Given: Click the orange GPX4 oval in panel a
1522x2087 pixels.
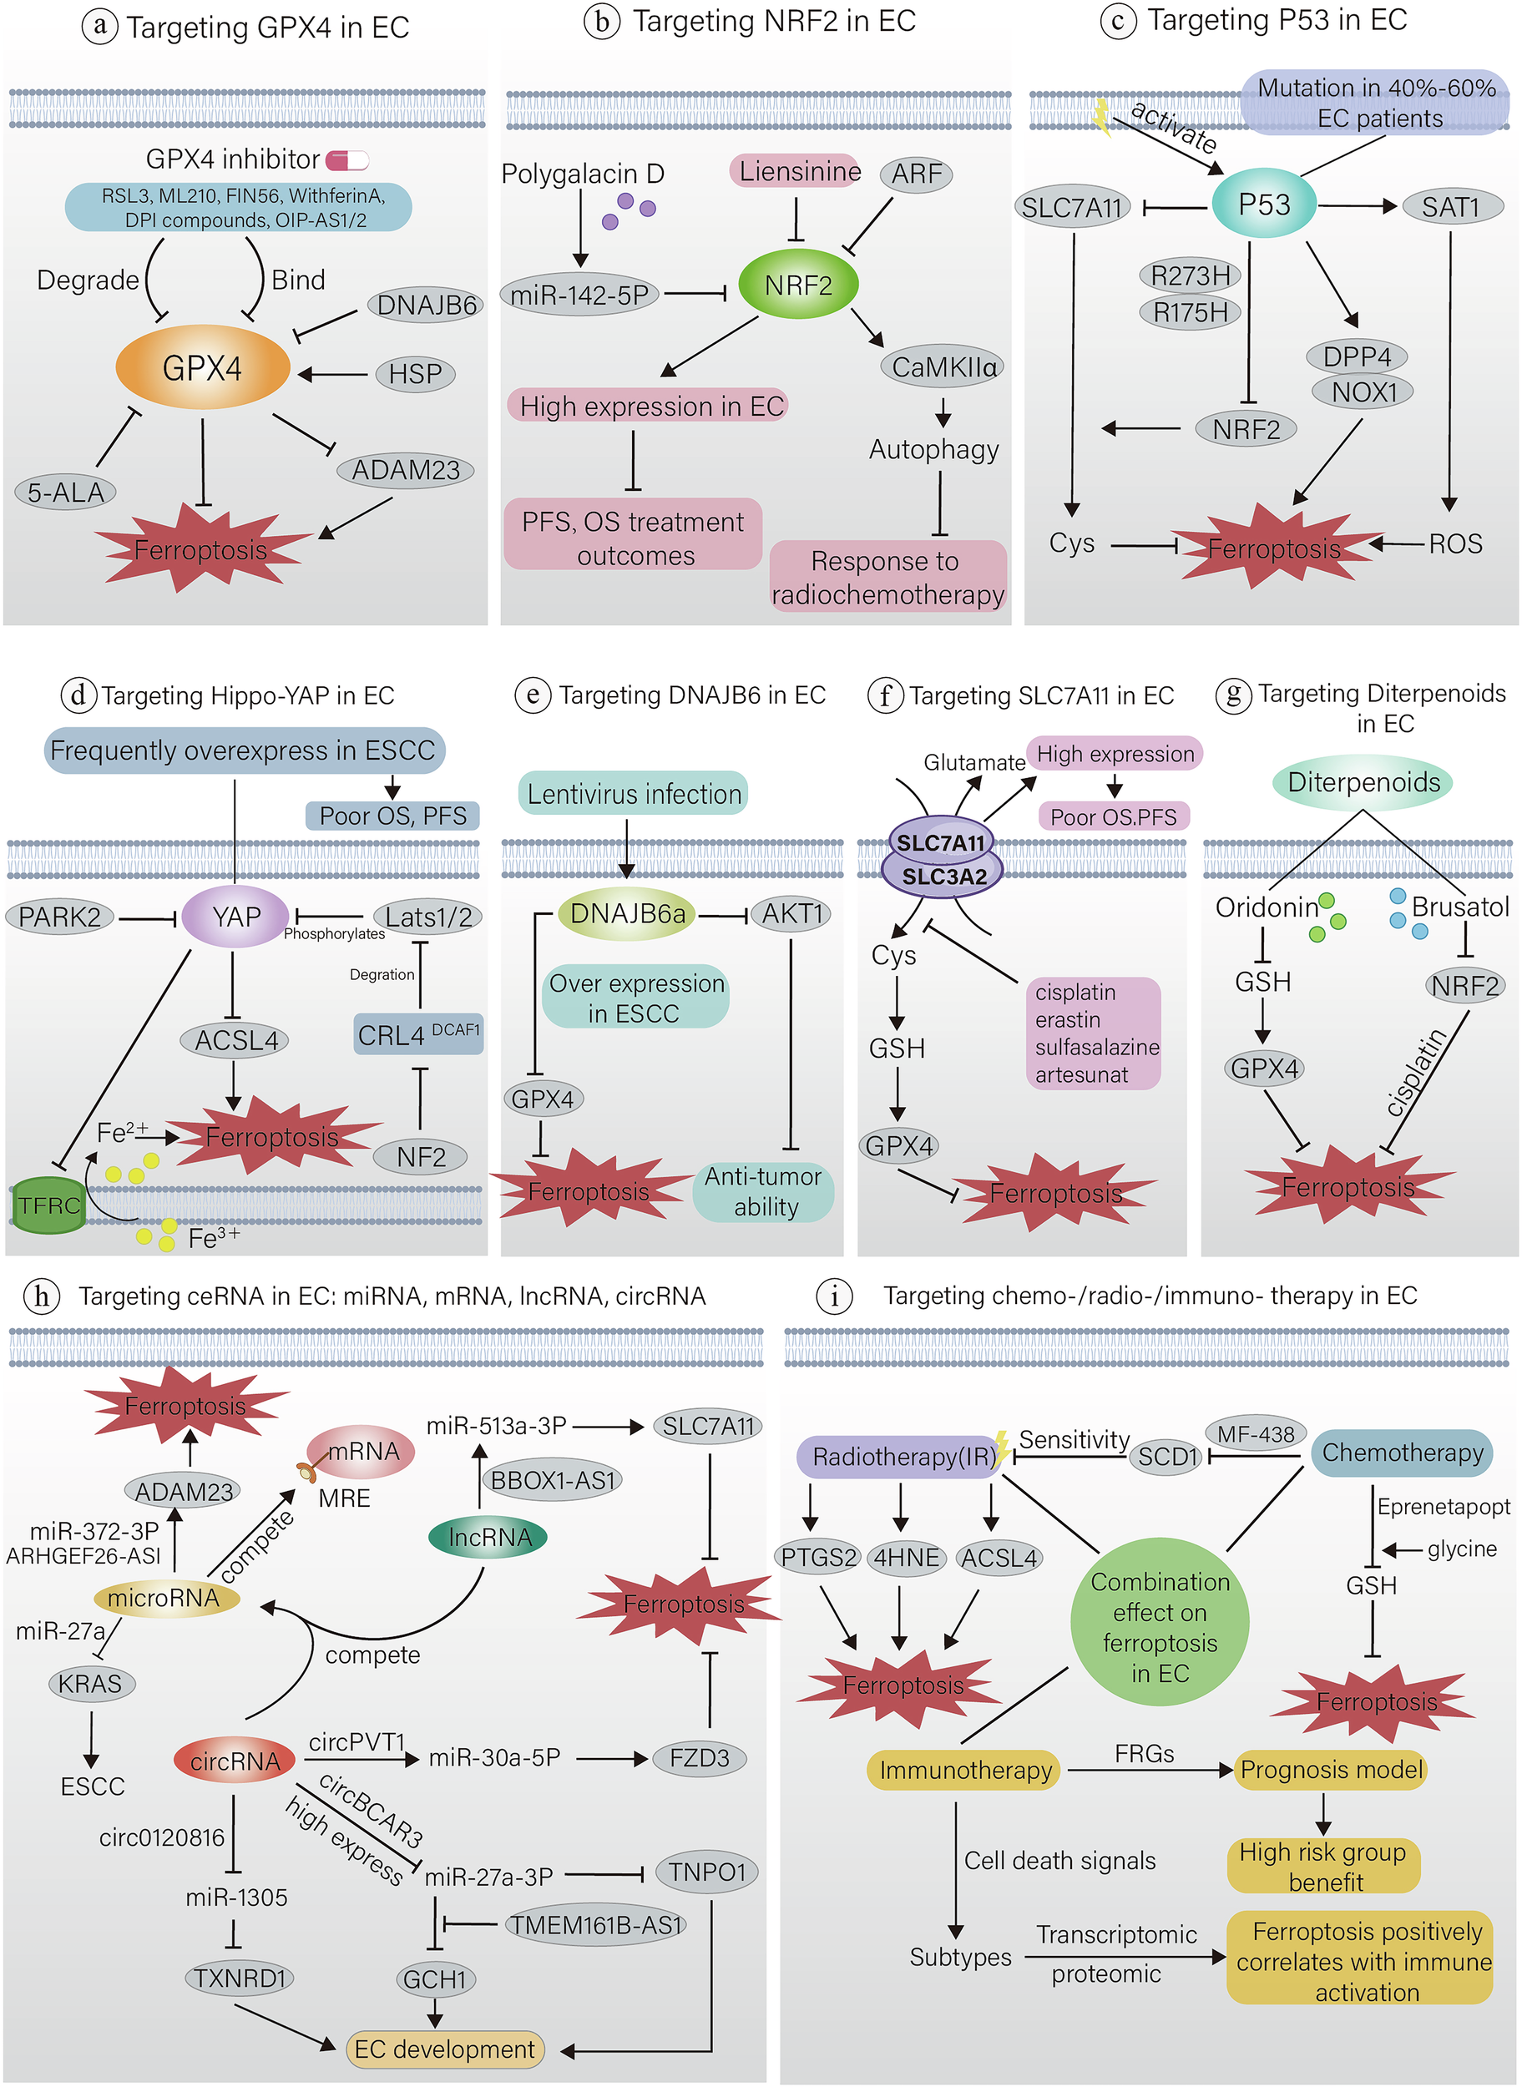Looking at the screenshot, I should pyautogui.click(x=203, y=368).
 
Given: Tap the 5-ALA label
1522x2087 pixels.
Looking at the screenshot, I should pyautogui.click(x=65, y=492).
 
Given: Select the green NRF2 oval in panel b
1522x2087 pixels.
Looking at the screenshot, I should pyautogui.click(x=798, y=286).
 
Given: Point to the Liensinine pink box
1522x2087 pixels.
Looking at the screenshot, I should pyautogui.click(x=798, y=171).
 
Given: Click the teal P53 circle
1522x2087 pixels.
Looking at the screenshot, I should pyautogui.click(x=1263, y=204).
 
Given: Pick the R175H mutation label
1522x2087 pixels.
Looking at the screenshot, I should pyautogui.click(x=1191, y=313).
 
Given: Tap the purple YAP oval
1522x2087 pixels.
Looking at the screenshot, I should pyautogui.click(x=235, y=917).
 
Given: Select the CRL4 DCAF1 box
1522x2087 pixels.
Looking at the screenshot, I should pyautogui.click(x=418, y=1035).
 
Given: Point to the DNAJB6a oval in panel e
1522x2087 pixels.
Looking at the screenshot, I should pyautogui.click(x=627, y=913).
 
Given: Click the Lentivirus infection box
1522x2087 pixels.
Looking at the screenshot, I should pyautogui.click(x=634, y=794).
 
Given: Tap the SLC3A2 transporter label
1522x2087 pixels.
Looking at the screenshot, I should pyautogui.click(x=943, y=877).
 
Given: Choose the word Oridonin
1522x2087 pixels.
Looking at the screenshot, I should pyautogui.click(x=1266, y=908).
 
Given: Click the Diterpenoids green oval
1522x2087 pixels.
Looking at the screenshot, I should pyautogui.click(x=1363, y=783).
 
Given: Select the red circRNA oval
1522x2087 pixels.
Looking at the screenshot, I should pyautogui.click(x=235, y=1761).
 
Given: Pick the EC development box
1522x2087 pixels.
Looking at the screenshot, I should pyautogui.click(x=444, y=2049).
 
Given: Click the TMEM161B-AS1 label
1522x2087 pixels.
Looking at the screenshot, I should pyautogui.click(x=595, y=1925).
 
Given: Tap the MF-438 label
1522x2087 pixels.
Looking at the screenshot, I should pyautogui.click(x=1256, y=1434).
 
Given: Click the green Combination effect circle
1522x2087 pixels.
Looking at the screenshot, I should pyautogui.click(x=1159, y=1626).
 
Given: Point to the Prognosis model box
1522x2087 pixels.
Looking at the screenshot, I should pyautogui.click(x=1330, y=1769).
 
